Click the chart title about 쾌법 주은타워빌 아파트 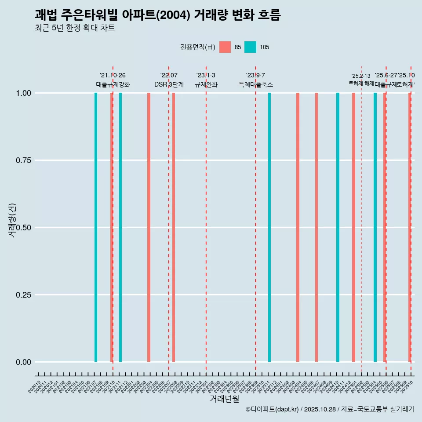(157, 15)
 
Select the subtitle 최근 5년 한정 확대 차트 (75, 28)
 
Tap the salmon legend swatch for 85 (225, 47)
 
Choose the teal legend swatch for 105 (250, 47)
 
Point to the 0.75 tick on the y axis (23, 160)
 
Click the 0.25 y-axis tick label (23, 295)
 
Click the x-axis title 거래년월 (224, 399)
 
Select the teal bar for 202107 (96, 227)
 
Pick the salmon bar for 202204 (149, 227)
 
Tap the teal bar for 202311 (269, 227)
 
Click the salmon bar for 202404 (298, 227)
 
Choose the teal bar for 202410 (338, 227)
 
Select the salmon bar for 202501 (353, 227)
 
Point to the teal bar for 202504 (375, 227)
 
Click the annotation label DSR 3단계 (169, 84)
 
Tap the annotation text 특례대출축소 (256, 84)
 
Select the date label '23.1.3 (206, 76)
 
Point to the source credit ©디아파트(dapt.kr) (273, 409)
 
